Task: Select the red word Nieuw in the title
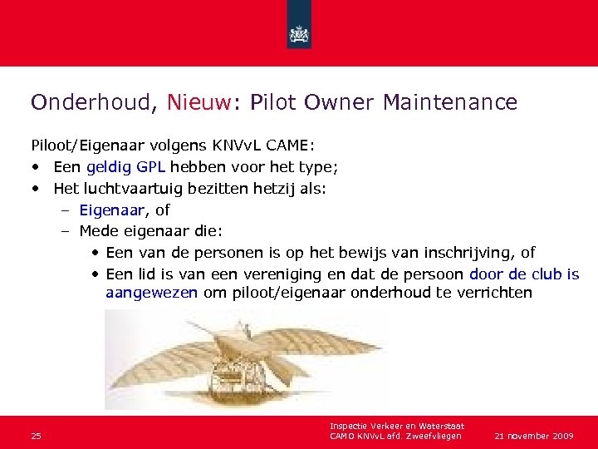[x=200, y=102]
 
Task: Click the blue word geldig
[x=107, y=167]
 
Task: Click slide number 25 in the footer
[x=37, y=436]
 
